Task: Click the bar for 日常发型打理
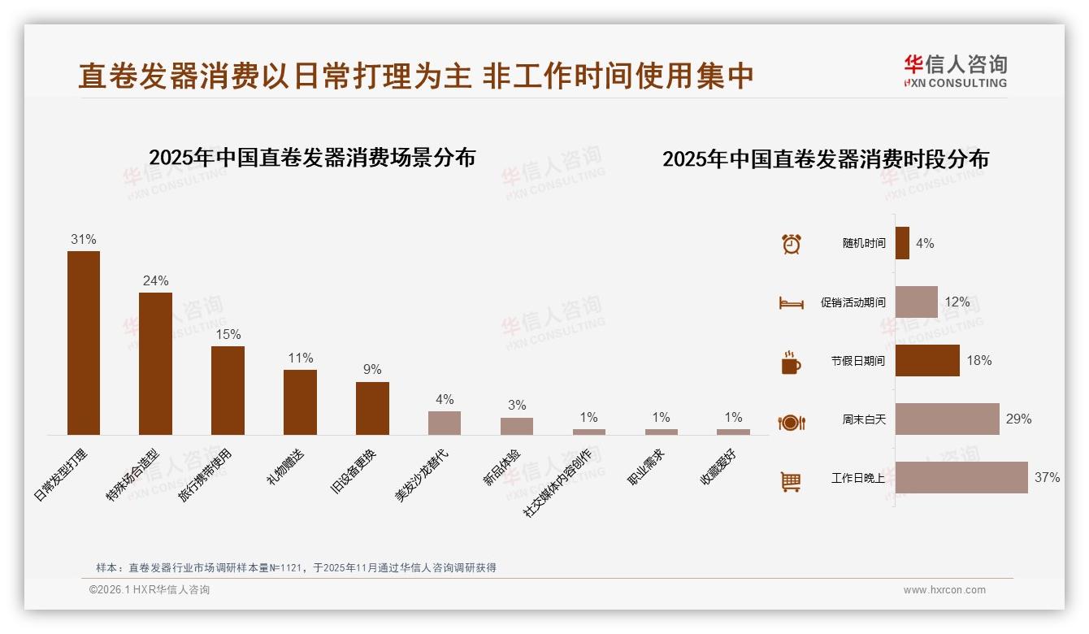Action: tap(84, 342)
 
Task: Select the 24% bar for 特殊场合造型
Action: tap(155, 363)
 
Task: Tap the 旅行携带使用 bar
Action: tap(228, 390)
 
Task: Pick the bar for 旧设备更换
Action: tap(372, 408)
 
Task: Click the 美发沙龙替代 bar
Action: tap(445, 423)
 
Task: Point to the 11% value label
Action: tap(300, 358)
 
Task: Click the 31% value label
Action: tap(84, 240)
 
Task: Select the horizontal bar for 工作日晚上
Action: tap(961, 477)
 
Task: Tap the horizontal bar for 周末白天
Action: tap(947, 419)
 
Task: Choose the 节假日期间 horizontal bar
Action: tap(927, 360)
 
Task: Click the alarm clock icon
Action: tap(792, 244)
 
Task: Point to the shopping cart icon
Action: tap(791, 481)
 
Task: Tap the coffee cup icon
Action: tap(791, 363)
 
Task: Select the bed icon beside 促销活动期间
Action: tap(791, 303)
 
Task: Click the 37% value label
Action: tap(1047, 478)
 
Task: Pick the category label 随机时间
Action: tap(864, 244)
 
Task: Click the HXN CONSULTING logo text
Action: tap(955, 83)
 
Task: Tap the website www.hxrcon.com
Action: tap(944, 590)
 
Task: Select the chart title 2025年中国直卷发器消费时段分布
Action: tap(826, 159)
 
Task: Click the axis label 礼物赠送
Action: tap(286, 467)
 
